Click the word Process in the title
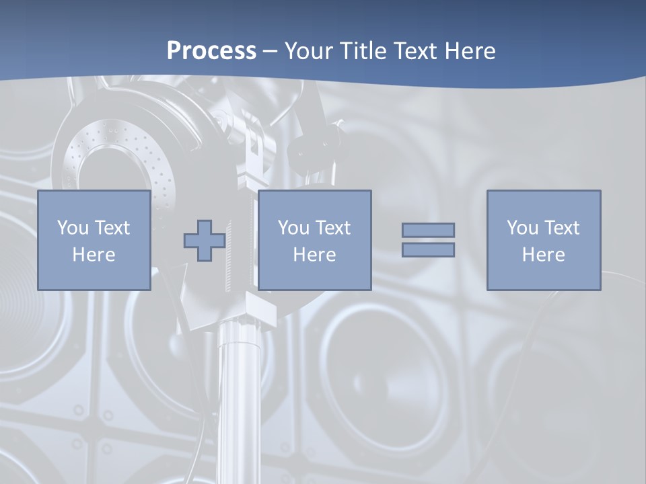click(x=211, y=50)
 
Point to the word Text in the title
click(x=417, y=51)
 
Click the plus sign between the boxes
click(x=205, y=241)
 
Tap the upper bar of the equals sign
click(x=428, y=230)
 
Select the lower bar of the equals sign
click(x=428, y=249)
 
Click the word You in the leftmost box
click(x=73, y=228)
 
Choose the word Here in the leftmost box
click(x=94, y=255)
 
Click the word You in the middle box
click(x=293, y=228)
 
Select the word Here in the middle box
click(x=314, y=255)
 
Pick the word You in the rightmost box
click(x=522, y=228)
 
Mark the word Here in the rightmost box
click(x=543, y=255)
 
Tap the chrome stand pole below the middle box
click(x=239, y=390)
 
